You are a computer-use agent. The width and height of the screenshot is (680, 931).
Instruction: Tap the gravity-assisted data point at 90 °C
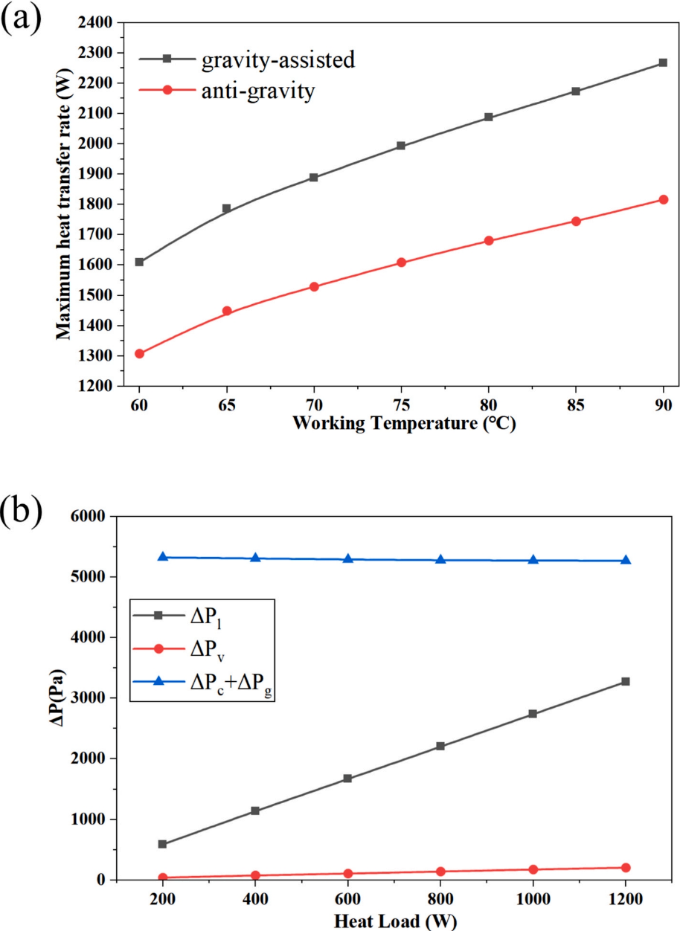tap(663, 63)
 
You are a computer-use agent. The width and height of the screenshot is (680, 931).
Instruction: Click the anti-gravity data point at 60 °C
tap(139, 354)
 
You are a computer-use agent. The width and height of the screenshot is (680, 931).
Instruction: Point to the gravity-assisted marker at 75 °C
tap(401, 146)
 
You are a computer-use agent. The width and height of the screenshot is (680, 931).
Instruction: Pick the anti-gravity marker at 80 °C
tap(489, 241)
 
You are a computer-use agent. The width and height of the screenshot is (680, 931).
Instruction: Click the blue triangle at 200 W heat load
tap(162, 557)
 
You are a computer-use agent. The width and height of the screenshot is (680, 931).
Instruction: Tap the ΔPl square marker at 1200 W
tap(626, 681)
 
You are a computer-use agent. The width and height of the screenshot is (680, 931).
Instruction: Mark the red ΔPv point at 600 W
tap(347, 874)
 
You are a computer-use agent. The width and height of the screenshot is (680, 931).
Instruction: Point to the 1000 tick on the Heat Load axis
tap(533, 898)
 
